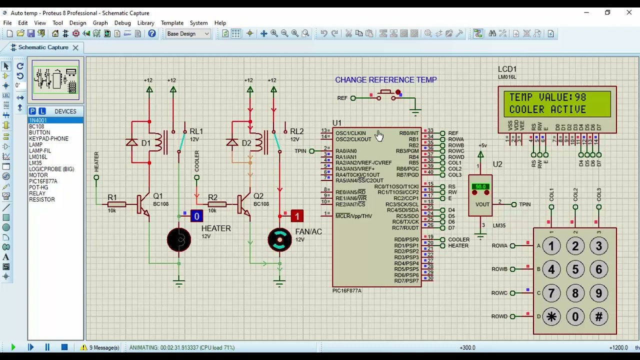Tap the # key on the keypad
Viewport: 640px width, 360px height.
click(x=599, y=316)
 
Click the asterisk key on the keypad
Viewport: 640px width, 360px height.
click(x=551, y=316)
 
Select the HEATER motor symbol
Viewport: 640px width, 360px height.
click(x=179, y=240)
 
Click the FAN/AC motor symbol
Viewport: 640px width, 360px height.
click(x=279, y=240)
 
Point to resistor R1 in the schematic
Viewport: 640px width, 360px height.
click(x=116, y=204)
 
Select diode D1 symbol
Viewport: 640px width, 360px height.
click(x=132, y=143)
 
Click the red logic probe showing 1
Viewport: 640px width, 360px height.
click(x=297, y=216)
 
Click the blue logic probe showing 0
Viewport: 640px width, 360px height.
click(x=196, y=216)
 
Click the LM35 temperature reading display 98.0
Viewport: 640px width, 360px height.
click(x=480, y=187)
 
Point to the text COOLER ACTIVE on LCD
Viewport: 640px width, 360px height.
click(x=547, y=109)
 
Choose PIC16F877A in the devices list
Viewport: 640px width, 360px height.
click(x=43, y=181)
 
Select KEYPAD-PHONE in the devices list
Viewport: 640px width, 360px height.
click(x=48, y=138)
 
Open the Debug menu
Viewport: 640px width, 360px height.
click(x=122, y=23)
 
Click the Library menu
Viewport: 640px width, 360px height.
click(x=145, y=23)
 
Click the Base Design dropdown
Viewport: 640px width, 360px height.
click(x=188, y=33)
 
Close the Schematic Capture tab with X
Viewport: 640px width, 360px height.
click(x=75, y=47)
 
